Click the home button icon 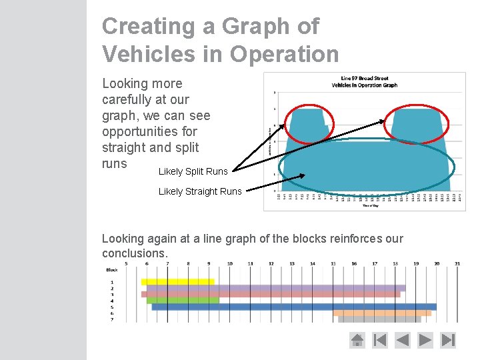pyautogui.click(x=357, y=340)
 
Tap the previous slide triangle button pyautogui.click(x=403, y=340)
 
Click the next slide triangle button pyautogui.click(x=425, y=340)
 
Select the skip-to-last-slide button pyautogui.click(x=449, y=340)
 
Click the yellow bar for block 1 pyautogui.click(x=177, y=282)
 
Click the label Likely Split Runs pyautogui.click(x=193, y=171)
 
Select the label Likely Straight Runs pyautogui.click(x=200, y=191)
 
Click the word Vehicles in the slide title pyautogui.click(x=149, y=53)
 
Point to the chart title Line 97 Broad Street pyautogui.click(x=364, y=78)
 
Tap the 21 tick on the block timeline pyautogui.click(x=457, y=264)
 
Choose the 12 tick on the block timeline pyautogui.click(x=271, y=264)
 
